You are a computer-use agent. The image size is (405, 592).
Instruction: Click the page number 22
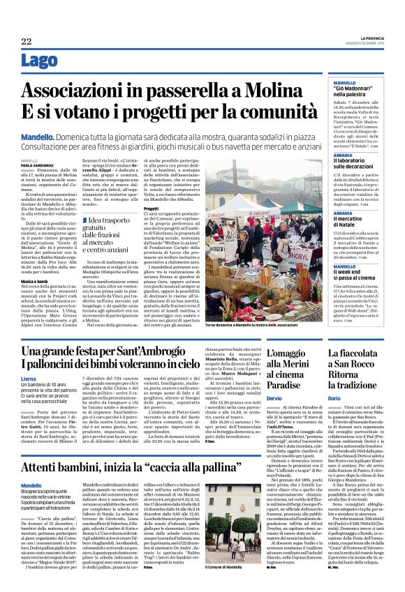tap(26, 43)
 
